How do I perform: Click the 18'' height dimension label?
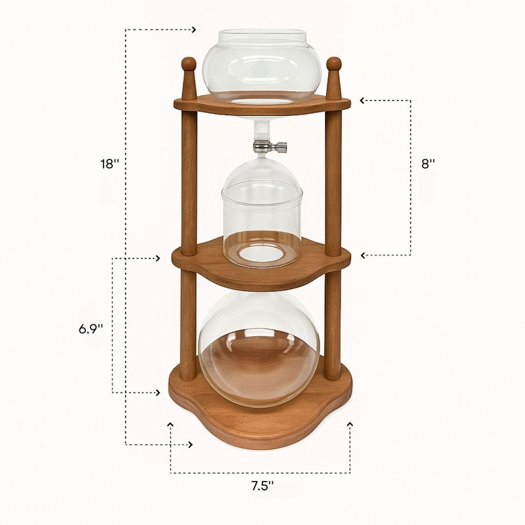click(108, 164)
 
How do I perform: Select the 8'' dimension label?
click(429, 164)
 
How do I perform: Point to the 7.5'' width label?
click(262, 486)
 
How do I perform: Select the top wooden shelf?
click(262, 105)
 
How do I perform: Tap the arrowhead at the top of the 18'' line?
click(194, 30)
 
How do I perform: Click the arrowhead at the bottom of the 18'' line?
click(191, 445)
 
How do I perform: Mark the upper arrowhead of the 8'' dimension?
click(362, 100)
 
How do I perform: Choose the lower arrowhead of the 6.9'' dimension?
click(158, 392)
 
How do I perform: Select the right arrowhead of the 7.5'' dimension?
click(349, 425)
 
